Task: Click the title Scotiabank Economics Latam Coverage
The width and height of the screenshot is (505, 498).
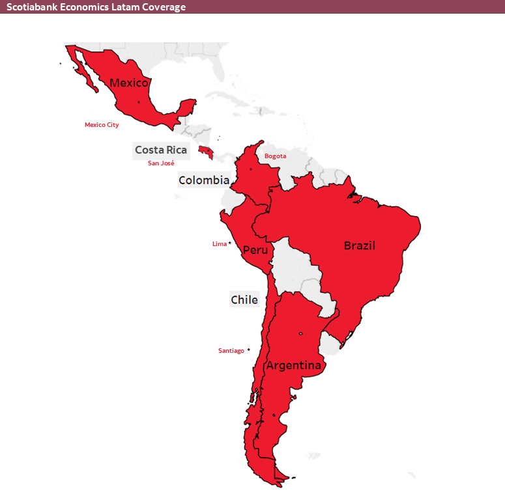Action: pyautogui.click(x=96, y=7)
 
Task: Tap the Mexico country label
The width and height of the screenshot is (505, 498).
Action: pyautogui.click(x=129, y=83)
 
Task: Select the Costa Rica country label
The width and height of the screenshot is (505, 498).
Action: pyautogui.click(x=161, y=150)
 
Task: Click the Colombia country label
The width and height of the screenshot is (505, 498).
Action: pyautogui.click(x=204, y=180)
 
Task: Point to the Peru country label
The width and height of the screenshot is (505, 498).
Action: pyautogui.click(x=255, y=250)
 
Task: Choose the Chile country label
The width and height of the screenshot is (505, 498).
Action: pyautogui.click(x=244, y=300)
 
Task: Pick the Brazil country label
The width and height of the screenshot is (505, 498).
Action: pyautogui.click(x=360, y=245)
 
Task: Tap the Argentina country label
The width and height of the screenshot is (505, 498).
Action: pyautogui.click(x=293, y=365)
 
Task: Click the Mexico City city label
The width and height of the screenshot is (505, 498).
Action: pyautogui.click(x=102, y=125)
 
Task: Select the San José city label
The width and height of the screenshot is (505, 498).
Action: pyautogui.click(x=161, y=163)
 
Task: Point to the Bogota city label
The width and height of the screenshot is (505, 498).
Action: pyautogui.click(x=275, y=156)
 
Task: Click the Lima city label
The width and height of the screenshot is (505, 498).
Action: pyautogui.click(x=220, y=244)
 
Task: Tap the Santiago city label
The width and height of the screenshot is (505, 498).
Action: pyautogui.click(x=231, y=351)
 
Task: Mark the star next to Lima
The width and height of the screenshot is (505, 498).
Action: pyautogui.click(x=230, y=243)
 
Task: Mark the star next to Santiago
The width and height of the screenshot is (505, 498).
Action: pyautogui.click(x=248, y=350)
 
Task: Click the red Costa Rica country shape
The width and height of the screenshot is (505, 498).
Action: pyautogui.click(x=207, y=152)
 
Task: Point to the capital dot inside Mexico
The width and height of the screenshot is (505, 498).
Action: pyautogui.click(x=139, y=102)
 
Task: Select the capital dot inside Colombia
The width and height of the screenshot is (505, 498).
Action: pyautogui.click(x=251, y=169)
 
